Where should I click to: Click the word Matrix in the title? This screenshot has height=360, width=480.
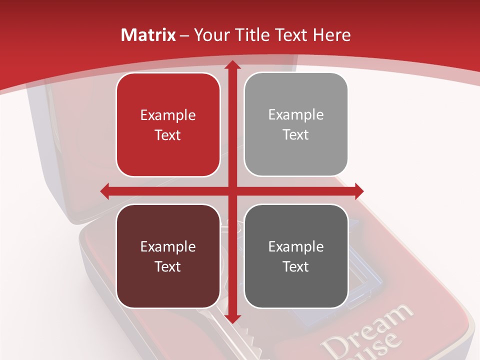point(148,35)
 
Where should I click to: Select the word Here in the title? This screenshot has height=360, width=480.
point(332,35)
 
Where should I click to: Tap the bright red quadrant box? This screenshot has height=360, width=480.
point(168,124)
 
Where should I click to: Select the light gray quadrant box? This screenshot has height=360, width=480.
point(296,124)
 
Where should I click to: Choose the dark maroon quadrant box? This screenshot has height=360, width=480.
point(168,256)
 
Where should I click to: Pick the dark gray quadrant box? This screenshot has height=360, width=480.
point(296,256)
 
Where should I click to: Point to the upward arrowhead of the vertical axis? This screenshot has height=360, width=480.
point(231,65)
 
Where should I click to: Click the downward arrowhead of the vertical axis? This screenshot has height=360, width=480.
point(231,318)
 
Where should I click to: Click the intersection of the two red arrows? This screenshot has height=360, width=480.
point(231,190)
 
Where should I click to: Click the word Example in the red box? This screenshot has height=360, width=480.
point(168,115)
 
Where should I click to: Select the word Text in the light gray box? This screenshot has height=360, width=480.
point(296,135)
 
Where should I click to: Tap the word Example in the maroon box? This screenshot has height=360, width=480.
point(168,247)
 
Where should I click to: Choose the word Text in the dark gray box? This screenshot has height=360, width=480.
point(296,266)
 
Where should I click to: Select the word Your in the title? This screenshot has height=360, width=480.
point(209,35)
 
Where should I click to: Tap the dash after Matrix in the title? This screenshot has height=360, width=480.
point(184,35)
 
